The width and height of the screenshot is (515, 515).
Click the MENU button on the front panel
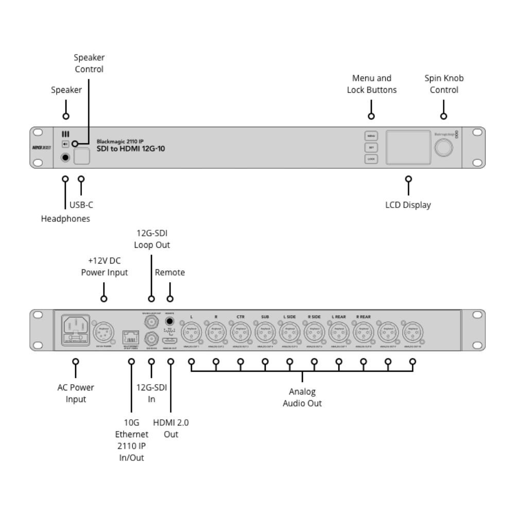(371, 136)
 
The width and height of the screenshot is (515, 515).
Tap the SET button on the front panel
(371, 147)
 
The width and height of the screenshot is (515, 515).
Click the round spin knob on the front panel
(443, 148)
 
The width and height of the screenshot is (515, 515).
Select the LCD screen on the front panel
(408, 147)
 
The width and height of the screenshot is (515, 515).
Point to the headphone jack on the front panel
(66, 157)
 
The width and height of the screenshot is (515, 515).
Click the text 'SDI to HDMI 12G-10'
(131, 149)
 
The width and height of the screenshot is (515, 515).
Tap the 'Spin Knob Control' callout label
(443, 84)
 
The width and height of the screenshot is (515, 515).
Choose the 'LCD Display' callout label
(408, 205)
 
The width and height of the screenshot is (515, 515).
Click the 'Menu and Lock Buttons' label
(371, 84)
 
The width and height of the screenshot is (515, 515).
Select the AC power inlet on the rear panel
(76, 328)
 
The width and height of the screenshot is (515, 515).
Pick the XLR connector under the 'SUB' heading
(265, 332)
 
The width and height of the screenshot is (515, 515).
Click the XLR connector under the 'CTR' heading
(241, 332)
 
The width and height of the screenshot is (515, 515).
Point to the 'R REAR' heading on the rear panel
(363, 317)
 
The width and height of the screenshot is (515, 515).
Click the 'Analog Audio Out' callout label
(302, 398)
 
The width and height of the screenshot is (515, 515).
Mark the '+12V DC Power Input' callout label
(104, 267)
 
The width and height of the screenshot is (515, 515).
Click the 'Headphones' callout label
(65, 219)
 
